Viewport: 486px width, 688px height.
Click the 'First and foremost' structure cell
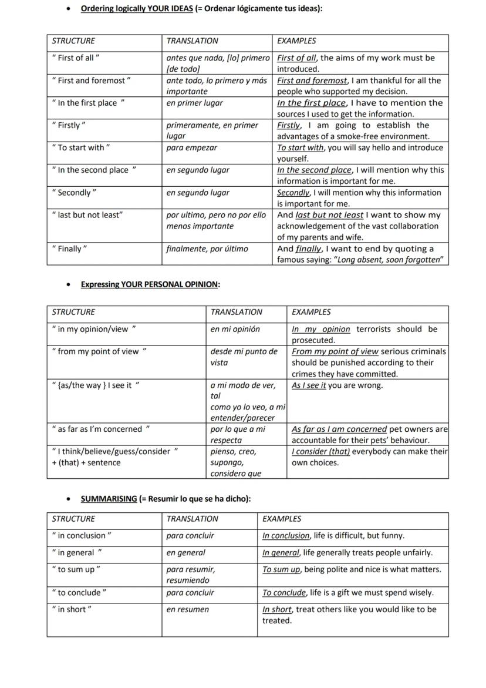click(91, 80)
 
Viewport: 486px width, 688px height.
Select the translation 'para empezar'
click(191, 147)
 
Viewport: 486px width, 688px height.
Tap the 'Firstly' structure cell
click(69, 125)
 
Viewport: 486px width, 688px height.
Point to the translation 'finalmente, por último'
click(207, 249)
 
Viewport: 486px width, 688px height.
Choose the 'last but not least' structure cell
click(87, 215)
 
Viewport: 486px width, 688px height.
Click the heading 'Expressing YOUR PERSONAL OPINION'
click(150, 284)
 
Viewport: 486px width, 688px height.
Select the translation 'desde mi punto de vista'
click(244, 357)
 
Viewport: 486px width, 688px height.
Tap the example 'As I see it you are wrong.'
click(337, 385)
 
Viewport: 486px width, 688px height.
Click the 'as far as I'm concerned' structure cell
click(100, 429)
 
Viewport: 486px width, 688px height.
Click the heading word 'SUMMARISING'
click(109, 499)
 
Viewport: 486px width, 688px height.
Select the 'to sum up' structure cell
click(76, 569)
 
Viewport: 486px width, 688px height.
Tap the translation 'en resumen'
click(187, 609)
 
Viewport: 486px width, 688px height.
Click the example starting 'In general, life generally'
click(347, 552)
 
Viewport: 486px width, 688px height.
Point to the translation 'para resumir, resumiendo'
click(191, 575)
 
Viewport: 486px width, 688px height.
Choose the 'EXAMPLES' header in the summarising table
click(282, 519)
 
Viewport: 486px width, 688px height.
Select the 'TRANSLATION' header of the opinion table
click(237, 312)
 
